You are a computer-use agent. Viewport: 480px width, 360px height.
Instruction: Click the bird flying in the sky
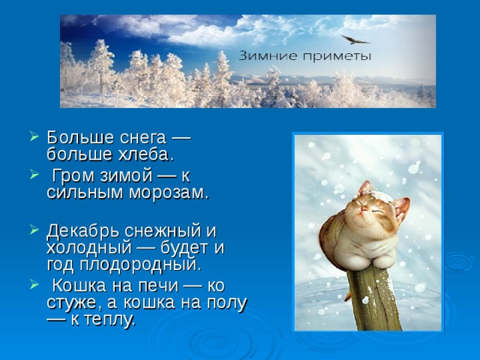coord(355,40)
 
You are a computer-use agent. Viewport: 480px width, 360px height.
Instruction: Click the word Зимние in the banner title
coord(268,56)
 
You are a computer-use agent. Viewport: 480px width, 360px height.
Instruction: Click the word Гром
coord(73,176)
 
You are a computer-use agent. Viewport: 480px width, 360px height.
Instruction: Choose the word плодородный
coord(140,265)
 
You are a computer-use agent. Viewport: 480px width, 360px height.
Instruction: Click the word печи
coord(158,286)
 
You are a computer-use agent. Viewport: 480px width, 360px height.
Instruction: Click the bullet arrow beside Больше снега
coord(34,136)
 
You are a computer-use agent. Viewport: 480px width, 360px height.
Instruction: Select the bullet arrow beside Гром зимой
coord(34,175)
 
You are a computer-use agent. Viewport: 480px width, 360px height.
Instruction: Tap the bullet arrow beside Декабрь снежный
coord(34,229)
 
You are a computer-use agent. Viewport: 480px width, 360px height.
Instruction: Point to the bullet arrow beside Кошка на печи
coord(34,285)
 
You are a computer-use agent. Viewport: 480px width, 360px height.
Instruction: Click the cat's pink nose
coord(364,208)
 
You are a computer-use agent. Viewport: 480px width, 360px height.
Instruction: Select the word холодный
coord(88,247)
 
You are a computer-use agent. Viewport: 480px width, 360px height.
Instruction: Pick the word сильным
coord(85,193)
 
